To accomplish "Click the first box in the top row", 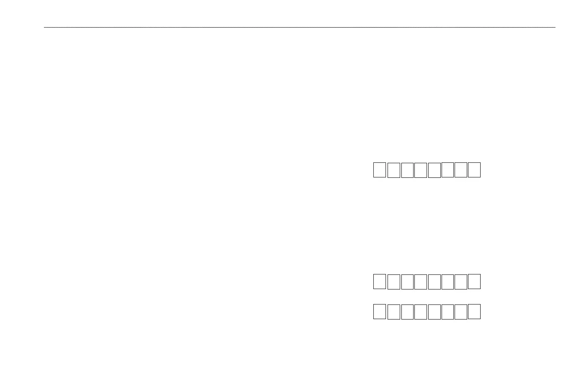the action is tap(379, 170).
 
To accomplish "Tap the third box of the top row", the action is tap(407, 170).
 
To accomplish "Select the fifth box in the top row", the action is tap(434, 170).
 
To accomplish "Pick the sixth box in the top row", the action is tap(447, 170).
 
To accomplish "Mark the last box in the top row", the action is tap(474, 170).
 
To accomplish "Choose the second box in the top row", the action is tap(394, 170).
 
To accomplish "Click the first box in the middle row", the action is tap(379, 281).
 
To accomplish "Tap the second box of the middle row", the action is tap(394, 282).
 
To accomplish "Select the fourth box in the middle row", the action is tap(420, 282).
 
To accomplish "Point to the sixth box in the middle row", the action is tap(447, 282).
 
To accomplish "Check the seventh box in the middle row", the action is tap(461, 282).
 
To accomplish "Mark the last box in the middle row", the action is tap(474, 281).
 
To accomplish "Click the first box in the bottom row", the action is tap(379, 311).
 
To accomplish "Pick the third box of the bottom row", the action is tap(407, 312).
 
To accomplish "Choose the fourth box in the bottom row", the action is tap(420, 312).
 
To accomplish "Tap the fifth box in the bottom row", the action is tap(434, 312).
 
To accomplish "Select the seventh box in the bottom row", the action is tap(461, 312).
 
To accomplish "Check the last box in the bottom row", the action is tap(474, 311).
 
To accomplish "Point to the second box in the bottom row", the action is tap(394, 312).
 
